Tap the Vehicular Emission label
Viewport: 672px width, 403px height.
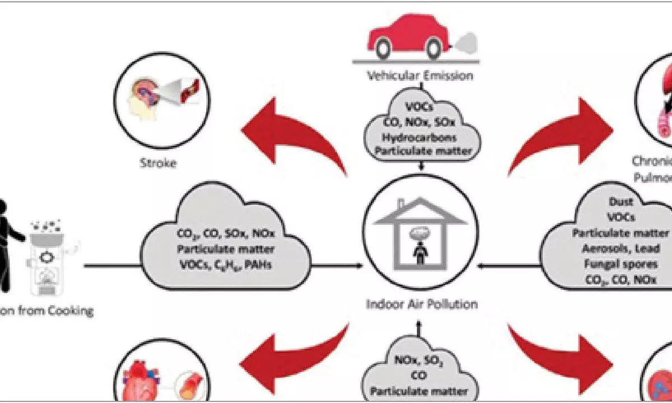[419, 76]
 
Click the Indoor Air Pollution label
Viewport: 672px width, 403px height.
[421, 305]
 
